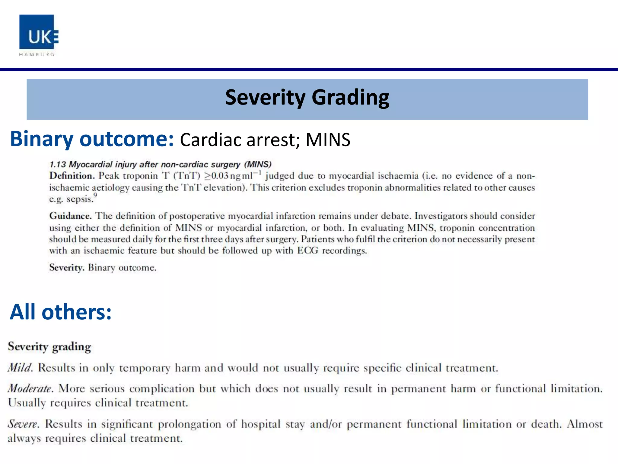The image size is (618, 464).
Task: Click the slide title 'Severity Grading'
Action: [x=307, y=98]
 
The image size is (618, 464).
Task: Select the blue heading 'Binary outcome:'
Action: [x=92, y=139]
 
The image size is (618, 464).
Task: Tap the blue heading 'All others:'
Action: [x=61, y=312]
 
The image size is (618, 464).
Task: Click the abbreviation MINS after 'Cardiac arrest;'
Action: [x=328, y=140]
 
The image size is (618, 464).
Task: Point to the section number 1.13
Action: [x=58, y=165]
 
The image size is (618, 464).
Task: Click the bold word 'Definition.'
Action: [x=72, y=176]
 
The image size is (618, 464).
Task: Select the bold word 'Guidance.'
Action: [x=70, y=216]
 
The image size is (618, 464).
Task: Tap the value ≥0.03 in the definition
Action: [x=216, y=176]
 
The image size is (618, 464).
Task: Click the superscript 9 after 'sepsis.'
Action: [x=95, y=195]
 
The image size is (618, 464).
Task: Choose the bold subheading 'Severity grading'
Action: [x=49, y=347]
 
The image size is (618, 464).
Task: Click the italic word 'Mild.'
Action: [x=20, y=368]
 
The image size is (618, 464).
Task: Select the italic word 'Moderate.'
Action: [x=30, y=388]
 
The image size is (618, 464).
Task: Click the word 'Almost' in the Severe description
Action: [x=585, y=424]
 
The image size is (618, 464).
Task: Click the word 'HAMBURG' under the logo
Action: [x=37, y=55]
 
